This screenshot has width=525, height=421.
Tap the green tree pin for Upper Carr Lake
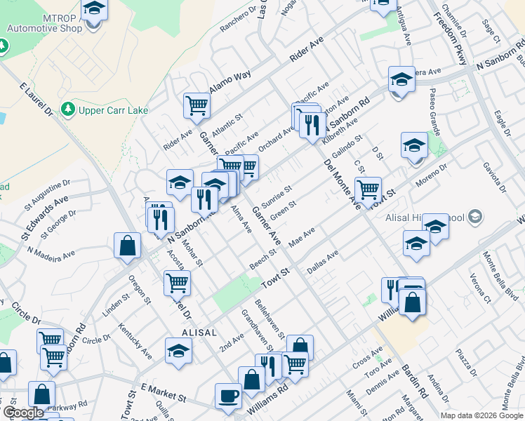[x=68, y=109]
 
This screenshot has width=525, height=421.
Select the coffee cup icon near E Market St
[x=227, y=396]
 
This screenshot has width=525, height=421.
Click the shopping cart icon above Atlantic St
[x=197, y=106]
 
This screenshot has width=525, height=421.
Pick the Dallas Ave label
[x=323, y=261]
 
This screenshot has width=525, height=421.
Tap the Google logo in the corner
[x=23, y=413]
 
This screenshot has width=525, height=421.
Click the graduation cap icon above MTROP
[x=93, y=9]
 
